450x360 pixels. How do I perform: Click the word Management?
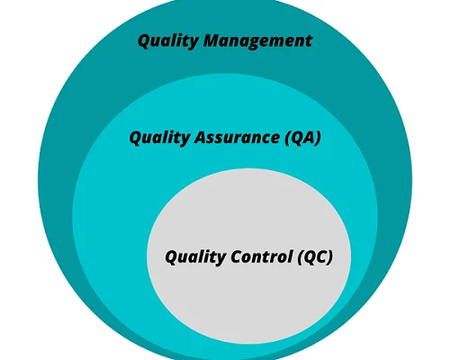click(257, 41)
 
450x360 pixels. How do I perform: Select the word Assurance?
click(237, 138)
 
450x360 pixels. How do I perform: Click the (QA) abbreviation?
click(303, 138)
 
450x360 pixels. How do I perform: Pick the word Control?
click(262, 256)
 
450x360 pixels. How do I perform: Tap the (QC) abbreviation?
click(315, 257)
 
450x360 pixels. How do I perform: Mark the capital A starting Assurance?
click(202, 138)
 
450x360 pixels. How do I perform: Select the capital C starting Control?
click(238, 256)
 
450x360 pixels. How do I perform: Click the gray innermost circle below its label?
click(248, 303)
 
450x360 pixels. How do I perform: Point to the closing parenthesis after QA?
click(318, 139)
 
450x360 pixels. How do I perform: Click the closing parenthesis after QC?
click(329, 257)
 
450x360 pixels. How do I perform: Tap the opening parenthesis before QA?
click(288, 139)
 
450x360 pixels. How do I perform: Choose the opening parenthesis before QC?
click(301, 257)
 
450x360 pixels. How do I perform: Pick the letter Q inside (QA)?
click(297, 139)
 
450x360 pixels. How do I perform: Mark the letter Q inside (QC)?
click(310, 257)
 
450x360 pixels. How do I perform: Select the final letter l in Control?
click(290, 256)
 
